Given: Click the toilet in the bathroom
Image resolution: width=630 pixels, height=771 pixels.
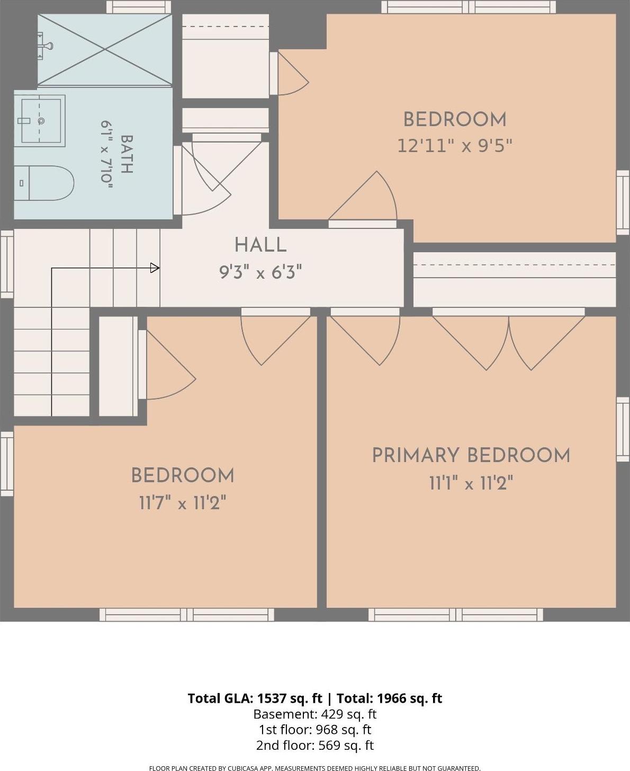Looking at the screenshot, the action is coord(44,183).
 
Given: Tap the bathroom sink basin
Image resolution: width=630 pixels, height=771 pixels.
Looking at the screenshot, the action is coord(41,121).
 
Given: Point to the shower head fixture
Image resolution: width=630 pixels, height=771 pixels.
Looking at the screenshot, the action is coord(45,46).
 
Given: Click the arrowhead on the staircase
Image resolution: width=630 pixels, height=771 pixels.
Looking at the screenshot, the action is coord(155,268).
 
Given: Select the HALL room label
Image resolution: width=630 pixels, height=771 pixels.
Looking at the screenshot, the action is coord(260,245).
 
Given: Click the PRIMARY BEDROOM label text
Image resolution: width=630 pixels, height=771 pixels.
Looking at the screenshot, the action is coord(471,456).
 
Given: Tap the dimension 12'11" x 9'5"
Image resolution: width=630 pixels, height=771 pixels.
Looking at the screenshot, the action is coord(455,146).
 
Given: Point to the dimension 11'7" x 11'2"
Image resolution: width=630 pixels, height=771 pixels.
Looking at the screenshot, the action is coord(183,503).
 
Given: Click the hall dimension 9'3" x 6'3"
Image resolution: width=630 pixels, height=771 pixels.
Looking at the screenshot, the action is coord(260,272).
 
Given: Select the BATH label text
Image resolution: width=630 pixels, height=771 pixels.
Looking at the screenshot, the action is coord(127,154).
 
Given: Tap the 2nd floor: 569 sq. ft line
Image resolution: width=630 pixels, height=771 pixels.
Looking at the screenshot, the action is coord(315,745).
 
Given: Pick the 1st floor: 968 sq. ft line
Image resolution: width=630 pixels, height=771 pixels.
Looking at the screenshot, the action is coord(315,730).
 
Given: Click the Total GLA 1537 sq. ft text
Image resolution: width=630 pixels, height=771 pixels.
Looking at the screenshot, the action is coord(255,698).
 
